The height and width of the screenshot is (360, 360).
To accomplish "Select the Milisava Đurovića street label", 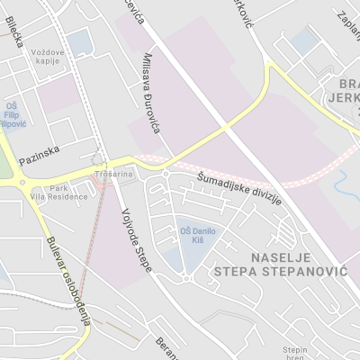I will coord(151,94).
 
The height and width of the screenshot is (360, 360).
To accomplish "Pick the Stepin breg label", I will coord(295,351).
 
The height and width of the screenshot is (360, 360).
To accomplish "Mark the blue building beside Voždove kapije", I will coord(79,41).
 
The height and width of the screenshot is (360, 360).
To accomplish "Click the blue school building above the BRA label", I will coord(306,39).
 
